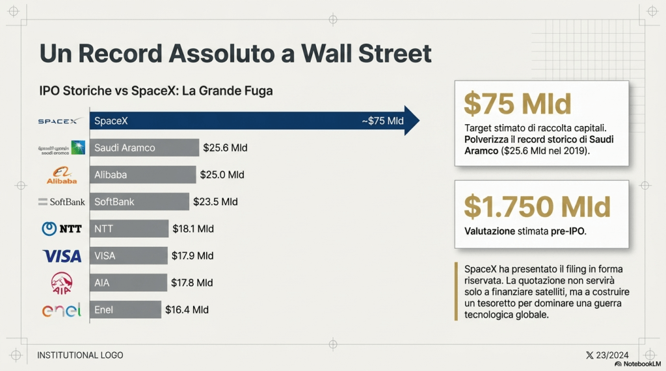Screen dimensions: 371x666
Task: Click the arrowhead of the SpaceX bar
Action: tap(411, 121)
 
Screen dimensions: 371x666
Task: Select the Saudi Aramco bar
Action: tap(144, 147)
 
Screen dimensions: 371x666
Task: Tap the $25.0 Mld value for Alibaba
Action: tap(223, 175)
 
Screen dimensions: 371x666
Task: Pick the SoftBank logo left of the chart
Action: tap(62, 202)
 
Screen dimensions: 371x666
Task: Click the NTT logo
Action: tap(61, 229)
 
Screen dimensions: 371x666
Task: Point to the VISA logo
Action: tap(62, 255)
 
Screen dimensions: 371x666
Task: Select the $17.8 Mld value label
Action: tap(192, 283)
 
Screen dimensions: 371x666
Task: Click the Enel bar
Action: tap(126, 310)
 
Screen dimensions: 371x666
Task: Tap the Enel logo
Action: tap(62, 310)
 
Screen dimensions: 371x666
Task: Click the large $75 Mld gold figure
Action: tap(517, 104)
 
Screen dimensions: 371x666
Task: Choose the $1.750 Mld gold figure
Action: tap(537, 206)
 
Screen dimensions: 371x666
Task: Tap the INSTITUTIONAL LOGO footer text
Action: tap(80, 355)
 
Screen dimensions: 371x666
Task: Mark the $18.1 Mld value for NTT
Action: tap(193, 229)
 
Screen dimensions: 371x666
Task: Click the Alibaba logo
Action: tap(62, 175)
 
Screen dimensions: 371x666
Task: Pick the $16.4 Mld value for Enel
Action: tap(187, 310)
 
